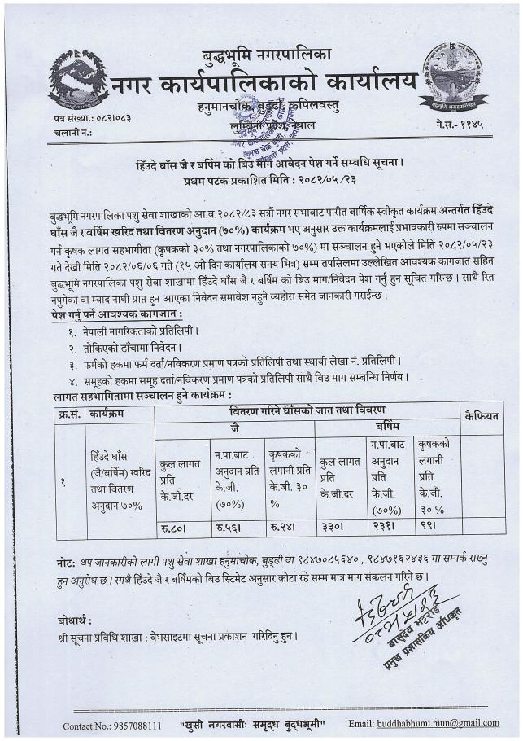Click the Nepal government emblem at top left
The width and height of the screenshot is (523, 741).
point(79,81)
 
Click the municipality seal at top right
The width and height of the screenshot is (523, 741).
point(453,77)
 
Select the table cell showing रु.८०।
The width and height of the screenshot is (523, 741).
point(177,528)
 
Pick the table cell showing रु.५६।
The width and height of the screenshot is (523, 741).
point(230,528)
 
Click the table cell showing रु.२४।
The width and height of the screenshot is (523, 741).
point(285,528)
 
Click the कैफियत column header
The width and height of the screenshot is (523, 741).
point(481,416)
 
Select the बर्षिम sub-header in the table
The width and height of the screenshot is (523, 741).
point(388,426)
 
